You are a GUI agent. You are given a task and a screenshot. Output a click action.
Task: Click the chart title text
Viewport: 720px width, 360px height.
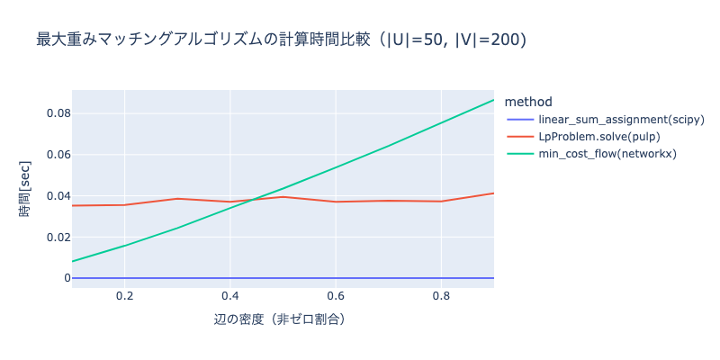(281, 40)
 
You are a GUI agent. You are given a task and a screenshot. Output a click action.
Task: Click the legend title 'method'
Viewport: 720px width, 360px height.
(529, 101)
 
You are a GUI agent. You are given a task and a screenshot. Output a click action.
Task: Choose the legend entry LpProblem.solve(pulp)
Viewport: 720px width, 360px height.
(598, 137)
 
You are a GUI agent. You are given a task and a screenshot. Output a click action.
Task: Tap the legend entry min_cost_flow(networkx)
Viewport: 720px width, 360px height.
(607, 154)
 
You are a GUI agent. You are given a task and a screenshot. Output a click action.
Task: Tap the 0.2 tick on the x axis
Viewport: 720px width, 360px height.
(125, 295)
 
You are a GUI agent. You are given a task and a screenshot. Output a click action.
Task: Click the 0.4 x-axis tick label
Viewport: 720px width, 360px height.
(230, 295)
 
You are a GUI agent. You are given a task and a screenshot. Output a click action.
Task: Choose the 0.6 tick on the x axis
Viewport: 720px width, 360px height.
(336, 295)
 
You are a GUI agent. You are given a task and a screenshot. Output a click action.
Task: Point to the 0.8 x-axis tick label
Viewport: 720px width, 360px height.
(441, 295)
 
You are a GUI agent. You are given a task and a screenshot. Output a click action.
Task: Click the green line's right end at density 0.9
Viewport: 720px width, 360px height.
(493, 100)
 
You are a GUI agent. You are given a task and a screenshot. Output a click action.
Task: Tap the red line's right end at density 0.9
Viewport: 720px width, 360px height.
(493, 193)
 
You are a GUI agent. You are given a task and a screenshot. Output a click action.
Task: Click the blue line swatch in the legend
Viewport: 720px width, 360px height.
(520, 120)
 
